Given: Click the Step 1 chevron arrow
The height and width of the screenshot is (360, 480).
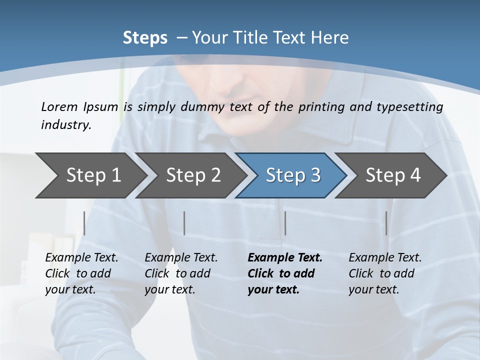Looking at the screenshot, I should (x=90, y=175).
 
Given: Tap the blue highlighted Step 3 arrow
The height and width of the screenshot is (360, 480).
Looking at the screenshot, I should (x=292, y=175).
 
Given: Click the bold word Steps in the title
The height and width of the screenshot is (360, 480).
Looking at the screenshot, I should (x=145, y=38).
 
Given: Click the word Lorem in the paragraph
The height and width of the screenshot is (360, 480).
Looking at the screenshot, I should (x=59, y=106).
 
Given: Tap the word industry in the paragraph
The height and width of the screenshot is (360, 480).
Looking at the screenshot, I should (x=65, y=125).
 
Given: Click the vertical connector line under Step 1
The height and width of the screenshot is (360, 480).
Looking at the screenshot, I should (x=84, y=223).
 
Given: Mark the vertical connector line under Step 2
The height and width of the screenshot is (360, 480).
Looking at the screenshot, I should (x=184, y=223).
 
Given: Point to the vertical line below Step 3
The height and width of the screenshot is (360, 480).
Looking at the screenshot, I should (x=285, y=223).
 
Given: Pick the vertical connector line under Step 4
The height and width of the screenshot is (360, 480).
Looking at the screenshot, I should (x=386, y=223).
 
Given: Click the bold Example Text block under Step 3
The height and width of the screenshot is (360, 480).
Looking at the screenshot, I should (x=285, y=273).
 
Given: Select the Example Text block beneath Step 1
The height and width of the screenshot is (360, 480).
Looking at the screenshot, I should (x=81, y=273).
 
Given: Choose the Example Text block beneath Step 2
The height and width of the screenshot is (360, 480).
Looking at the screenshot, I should (x=181, y=273).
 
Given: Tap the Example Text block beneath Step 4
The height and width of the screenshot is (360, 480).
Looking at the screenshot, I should (x=385, y=273).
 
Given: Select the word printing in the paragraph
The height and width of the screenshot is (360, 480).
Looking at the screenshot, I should (x=321, y=107).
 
